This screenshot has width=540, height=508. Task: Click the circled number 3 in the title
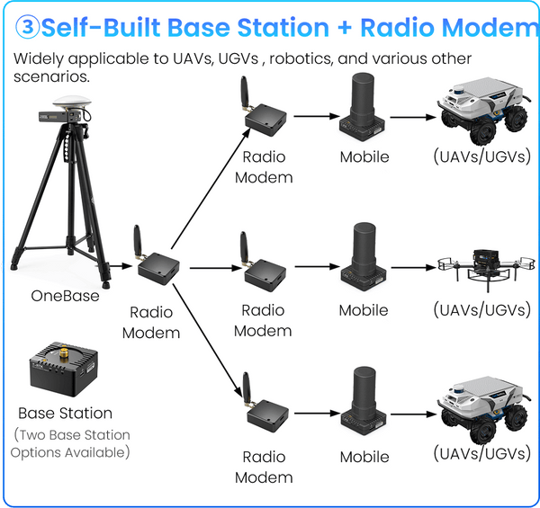pyautogui.click(x=28, y=27)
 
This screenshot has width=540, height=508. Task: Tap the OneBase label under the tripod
pyautogui.click(x=64, y=295)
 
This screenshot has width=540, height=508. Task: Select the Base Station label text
pyautogui.click(x=66, y=414)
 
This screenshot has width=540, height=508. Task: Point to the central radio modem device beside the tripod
pyautogui.click(x=157, y=264)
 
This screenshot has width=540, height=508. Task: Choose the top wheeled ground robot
pyautogui.click(x=482, y=111)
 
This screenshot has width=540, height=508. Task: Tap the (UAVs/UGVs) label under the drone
pyautogui.click(x=481, y=310)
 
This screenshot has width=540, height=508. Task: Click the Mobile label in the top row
pyautogui.click(x=364, y=156)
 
